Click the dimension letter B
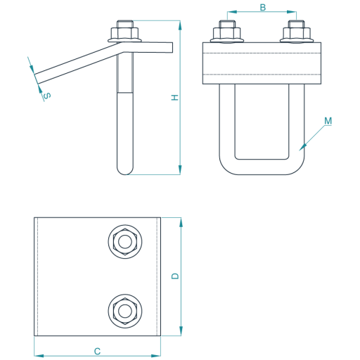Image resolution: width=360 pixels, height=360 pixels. (x=263, y=8)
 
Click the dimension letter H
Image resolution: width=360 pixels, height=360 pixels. (x=175, y=98)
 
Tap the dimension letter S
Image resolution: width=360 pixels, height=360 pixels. (x=47, y=96)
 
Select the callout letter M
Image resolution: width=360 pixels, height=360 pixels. (x=328, y=121)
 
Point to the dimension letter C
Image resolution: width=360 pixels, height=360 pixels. (x=97, y=352)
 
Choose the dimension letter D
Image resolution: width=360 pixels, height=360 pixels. (x=175, y=276)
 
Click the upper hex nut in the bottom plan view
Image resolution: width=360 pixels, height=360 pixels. (x=125, y=242)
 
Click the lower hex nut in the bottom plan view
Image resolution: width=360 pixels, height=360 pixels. (x=125, y=311)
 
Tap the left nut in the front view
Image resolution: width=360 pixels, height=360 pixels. (x=226, y=34)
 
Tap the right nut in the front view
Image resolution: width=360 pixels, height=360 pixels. (x=297, y=34)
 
